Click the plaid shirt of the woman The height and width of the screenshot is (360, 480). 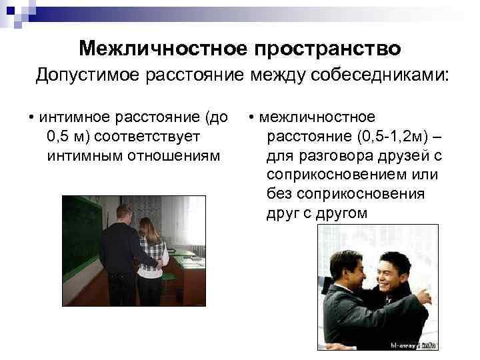[151, 257]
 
